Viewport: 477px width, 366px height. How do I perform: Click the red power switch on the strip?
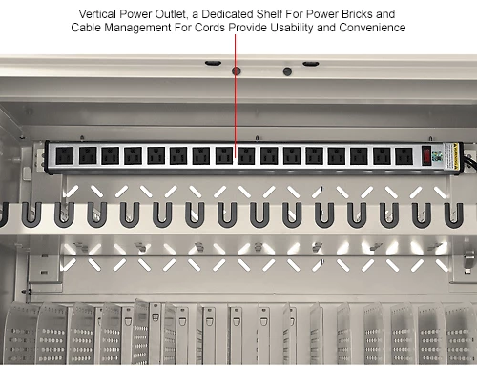(x=426, y=155)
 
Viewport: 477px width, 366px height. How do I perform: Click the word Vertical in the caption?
(x=97, y=14)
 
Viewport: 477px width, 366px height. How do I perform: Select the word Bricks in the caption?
(x=357, y=14)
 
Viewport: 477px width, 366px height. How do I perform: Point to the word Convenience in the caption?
(x=372, y=28)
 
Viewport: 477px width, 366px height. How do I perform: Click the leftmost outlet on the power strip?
(x=65, y=155)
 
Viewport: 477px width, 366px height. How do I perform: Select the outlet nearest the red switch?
(x=404, y=156)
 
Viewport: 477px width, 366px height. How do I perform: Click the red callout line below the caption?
(x=236, y=96)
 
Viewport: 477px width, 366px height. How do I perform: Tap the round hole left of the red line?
(x=236, y=71)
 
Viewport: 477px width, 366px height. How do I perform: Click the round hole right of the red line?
(x=287, y=71)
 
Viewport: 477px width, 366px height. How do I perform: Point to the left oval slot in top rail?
(x=213, y=63)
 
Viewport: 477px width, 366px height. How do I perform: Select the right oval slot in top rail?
(x=311, y=64)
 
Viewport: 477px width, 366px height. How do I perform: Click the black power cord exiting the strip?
(x=471, y=161)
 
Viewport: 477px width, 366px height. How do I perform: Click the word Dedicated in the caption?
(x=227, y=14)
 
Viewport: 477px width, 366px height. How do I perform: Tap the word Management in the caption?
(x=137, y=28)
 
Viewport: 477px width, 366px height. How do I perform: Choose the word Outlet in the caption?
(x=171, y=14)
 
